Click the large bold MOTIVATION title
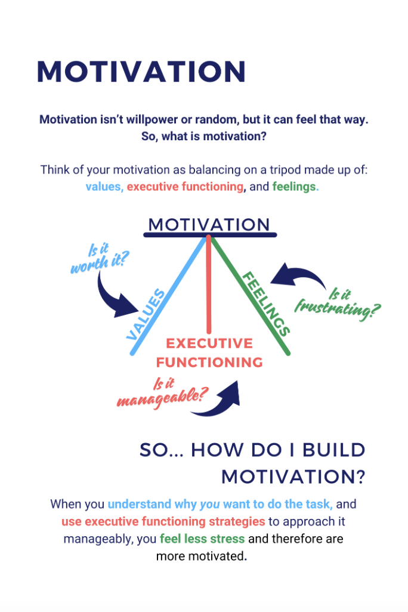141,72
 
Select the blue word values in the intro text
104,187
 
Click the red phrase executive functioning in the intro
186,187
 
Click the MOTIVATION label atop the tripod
209,224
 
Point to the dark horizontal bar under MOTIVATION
210,235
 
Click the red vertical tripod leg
209,284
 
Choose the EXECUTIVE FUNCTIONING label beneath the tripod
209,353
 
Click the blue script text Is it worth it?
99,258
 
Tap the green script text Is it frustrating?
338,304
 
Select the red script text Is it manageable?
163,394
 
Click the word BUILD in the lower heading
334,450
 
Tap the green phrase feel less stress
202,539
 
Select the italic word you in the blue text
210,505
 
